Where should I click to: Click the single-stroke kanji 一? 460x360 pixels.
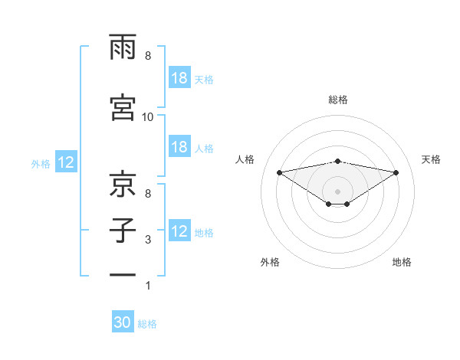click(x=123, y=274)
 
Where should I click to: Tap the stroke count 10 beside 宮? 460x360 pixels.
click(x=148, y=116)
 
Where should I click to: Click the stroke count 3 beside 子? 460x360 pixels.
click(x=147, y=241)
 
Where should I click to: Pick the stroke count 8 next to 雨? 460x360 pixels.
click(x=147, y=56)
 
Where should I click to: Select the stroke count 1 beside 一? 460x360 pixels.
click(x=147, y=286)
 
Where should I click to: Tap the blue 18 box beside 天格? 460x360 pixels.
click(x=179, y=78)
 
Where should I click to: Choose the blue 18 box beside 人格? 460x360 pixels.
click(x=179, y=147)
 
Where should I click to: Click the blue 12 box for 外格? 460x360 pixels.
click(x=65, y=162)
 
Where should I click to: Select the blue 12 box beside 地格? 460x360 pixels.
click(x=179, y=231)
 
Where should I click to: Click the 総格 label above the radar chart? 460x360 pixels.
click(x=337, y=100)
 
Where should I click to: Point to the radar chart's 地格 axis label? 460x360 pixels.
click(x=402, y=263)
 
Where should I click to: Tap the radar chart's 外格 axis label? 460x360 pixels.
click(x=270, y=263)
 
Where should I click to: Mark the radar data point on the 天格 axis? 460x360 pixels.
click(x=396, y=172)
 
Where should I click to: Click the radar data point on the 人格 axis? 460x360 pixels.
click(x=279, y=172)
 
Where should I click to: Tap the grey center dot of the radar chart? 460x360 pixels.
click(x=337, y=191)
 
